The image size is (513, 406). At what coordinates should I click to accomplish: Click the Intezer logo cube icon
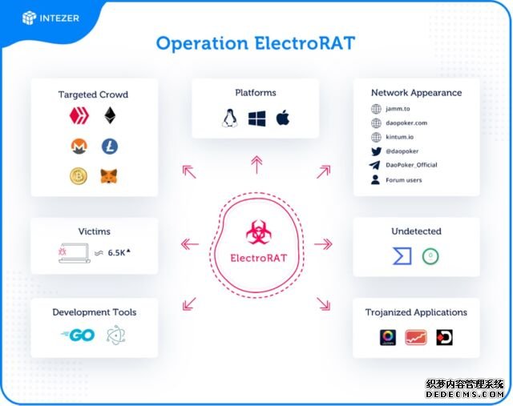coord(29,18)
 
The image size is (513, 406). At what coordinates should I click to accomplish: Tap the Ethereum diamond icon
coord(110,115)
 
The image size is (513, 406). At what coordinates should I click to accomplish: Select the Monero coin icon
coord(79,146)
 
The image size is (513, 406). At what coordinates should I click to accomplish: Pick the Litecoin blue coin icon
coord(110,146)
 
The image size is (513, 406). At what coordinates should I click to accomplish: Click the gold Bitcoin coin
coord(79,176)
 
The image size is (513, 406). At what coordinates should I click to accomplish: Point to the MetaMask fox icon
coord(109,176)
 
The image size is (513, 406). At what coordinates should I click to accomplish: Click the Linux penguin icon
coord(230,118)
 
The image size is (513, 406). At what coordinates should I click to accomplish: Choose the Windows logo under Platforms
coord(256,119)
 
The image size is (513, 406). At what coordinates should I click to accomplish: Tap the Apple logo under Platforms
coord(283,118)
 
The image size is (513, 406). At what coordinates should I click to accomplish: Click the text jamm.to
coord(398,109)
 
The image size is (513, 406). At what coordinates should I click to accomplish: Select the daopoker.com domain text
coord(406,123)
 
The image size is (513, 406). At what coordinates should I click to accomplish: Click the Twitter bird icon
coord(376,151)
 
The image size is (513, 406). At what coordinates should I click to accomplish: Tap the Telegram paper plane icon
coord(375,165)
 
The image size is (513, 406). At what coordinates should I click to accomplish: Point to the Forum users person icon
coord(376,179)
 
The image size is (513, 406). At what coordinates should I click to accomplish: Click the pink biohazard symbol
coord(258,232)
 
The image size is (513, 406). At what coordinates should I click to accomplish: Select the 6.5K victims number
coord(117,253)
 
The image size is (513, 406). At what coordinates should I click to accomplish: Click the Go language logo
coord(78,335)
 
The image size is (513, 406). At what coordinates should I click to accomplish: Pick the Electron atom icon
coord(115,335)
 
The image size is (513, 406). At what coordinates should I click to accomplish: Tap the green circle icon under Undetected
coord(430,256)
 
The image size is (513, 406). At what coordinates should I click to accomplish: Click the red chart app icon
coord(416,337)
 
